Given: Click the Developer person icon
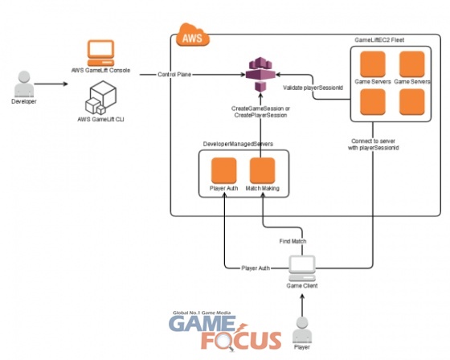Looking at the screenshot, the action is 24,84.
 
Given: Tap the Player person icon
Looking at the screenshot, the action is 302,329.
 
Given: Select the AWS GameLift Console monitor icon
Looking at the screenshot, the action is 100,53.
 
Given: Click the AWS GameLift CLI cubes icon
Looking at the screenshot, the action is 100,98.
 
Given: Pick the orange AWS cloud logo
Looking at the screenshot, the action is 193,35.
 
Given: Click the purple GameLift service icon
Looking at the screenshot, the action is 260,74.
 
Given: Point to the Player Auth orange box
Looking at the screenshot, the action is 224,170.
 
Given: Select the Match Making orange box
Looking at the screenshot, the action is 262,170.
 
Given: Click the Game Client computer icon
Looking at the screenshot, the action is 302,268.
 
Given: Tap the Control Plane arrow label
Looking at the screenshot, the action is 174,75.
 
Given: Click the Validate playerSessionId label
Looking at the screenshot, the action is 313,88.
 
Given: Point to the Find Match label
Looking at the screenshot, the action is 292,241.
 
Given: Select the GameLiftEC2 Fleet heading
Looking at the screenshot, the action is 379,40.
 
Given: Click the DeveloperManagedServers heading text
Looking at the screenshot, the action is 238,144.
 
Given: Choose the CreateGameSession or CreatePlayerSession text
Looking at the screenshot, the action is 260,112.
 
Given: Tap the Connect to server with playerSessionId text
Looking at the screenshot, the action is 374,145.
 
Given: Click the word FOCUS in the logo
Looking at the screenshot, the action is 241,340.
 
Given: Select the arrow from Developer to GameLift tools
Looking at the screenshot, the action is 51,84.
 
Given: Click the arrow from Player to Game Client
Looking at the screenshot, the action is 302,305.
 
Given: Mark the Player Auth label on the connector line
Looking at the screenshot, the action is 256,268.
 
